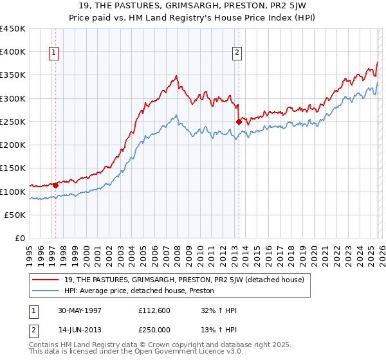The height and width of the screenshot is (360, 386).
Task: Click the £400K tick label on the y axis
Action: tap(13, 52)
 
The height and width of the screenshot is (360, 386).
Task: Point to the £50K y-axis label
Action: tap(15, 215)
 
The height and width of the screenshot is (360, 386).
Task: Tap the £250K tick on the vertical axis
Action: tap(13, 122)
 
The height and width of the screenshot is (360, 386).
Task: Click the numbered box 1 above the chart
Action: tap(53, 53)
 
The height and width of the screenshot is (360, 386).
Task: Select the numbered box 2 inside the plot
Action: tap(237, 53)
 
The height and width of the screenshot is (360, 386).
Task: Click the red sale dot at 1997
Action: tap(56, 186)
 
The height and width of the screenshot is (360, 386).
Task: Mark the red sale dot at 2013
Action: tap(239, 122)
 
